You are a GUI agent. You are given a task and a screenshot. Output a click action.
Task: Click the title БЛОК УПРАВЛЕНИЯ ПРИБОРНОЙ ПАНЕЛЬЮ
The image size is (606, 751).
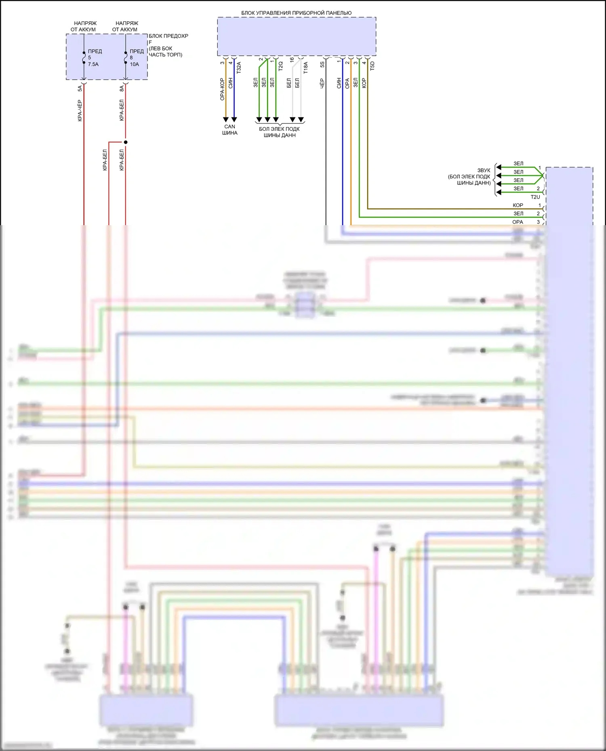[x=296, y=13]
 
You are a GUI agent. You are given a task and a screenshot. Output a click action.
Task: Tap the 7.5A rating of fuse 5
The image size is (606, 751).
[x=93, y=64]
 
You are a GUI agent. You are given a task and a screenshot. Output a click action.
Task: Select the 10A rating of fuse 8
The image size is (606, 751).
[x=135, y=64]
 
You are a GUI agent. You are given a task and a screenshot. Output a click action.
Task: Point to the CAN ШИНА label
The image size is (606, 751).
[x=229, y=130]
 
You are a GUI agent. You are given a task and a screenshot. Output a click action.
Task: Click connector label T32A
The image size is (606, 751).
[x=239, y=67]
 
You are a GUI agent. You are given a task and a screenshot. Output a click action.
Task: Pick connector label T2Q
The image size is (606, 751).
[x=280, y=66]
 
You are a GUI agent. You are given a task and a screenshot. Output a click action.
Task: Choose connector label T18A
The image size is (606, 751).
[x=305, y=67]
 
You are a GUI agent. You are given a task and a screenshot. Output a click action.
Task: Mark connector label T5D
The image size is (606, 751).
[x=372, y=66]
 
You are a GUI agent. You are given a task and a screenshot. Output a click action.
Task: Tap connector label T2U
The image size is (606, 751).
[x=535, y=197]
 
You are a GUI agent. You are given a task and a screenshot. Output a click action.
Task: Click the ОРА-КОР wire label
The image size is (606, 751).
[x=222, y=89]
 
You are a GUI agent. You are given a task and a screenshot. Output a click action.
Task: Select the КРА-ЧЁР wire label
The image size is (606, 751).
[x=80, y=110]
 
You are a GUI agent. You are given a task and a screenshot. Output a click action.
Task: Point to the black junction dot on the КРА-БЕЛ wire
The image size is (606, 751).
[x=126, y=142]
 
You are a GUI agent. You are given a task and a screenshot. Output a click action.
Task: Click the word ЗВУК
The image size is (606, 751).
[x=484, y=170]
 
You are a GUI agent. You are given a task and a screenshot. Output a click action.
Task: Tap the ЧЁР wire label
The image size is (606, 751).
[x=322, y=84]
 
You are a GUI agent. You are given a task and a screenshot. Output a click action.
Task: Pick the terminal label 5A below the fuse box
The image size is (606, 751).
[x=80, y=88]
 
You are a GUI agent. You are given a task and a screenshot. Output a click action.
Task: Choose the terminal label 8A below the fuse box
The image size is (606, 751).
[x=121, y=88]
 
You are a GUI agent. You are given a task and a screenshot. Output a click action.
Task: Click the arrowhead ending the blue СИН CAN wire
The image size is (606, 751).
[x=234, y=119]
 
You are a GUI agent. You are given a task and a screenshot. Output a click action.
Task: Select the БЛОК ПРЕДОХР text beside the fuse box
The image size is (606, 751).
[x=168, y=36]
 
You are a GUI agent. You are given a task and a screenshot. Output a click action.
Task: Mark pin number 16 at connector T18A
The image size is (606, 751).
[x=292, y=59]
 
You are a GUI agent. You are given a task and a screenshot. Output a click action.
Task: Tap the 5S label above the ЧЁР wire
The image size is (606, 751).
[x=322, y=64]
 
